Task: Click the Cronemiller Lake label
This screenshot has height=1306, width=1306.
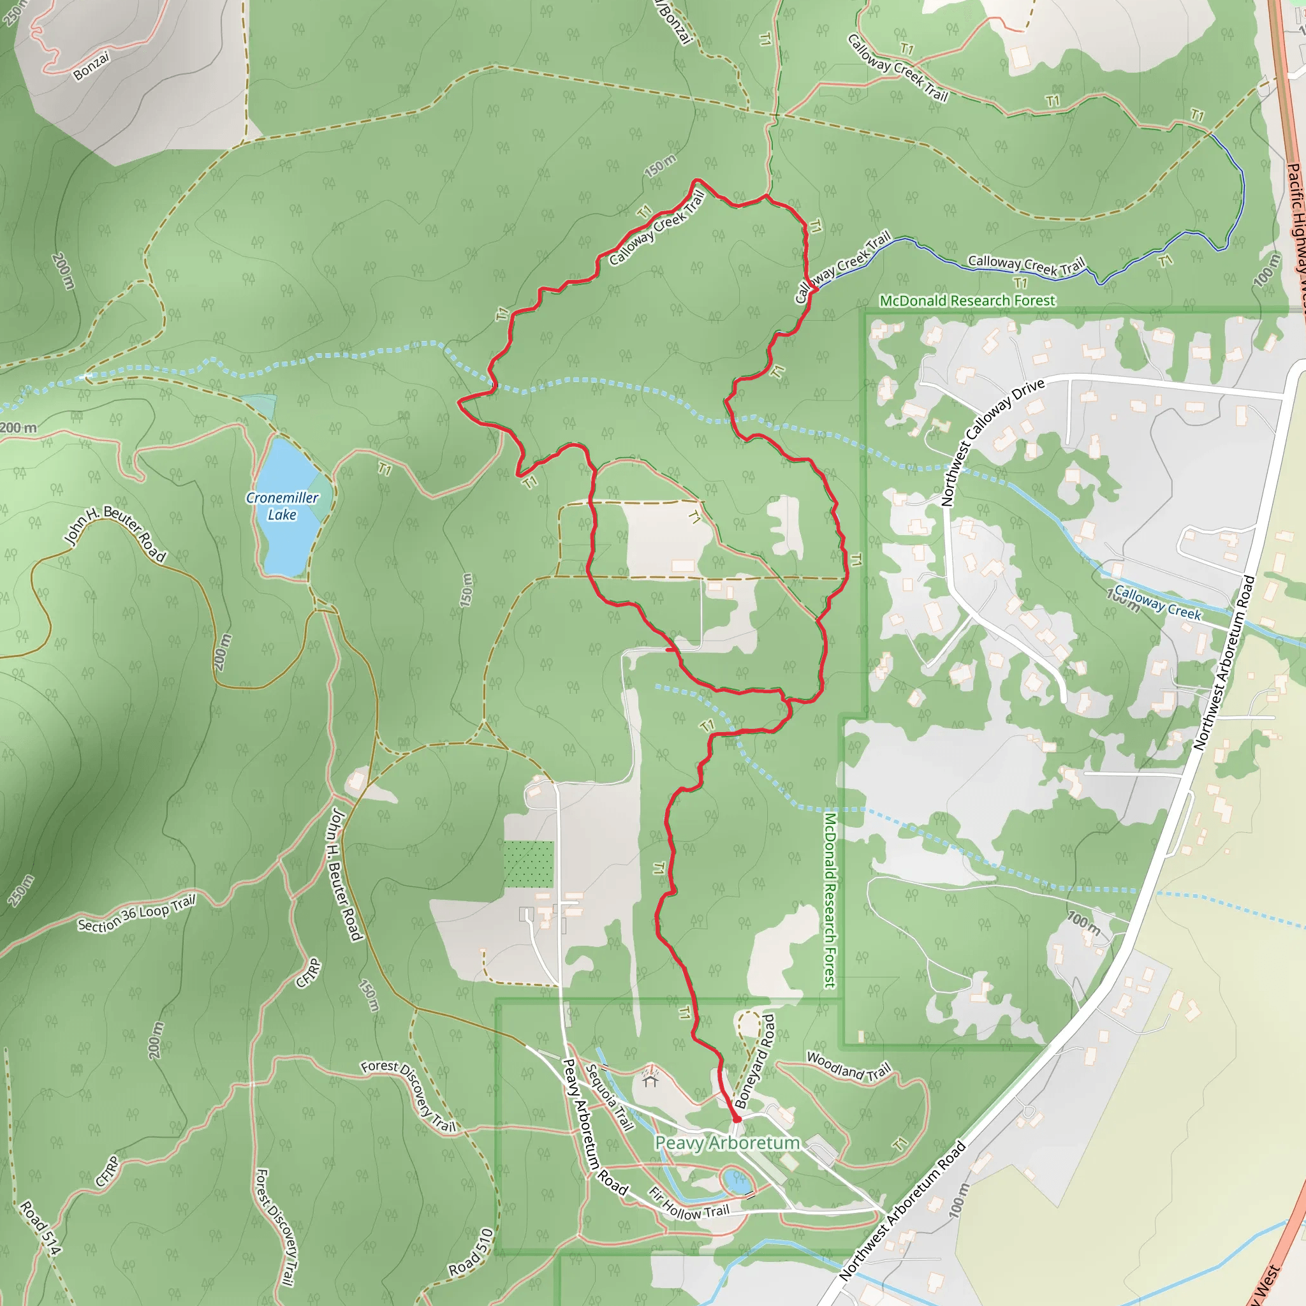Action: tap(282, 506)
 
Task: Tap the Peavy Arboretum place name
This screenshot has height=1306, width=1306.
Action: tap(728, 1142)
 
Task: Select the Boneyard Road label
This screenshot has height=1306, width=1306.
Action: tap(755, 1061)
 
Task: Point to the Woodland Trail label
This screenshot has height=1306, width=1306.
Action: tap(849, 1066)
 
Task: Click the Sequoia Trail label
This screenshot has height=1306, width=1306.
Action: tap(609, 1097)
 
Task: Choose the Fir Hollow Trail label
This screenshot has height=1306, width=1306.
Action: tap(689, 1205)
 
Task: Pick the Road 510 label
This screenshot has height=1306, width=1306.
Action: tap(471, 1252)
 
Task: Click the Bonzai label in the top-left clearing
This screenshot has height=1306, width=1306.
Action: tap(91, 66)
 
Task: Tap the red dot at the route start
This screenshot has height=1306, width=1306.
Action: tap(737, 1119)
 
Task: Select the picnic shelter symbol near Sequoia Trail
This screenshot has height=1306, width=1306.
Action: tap(650, 1080)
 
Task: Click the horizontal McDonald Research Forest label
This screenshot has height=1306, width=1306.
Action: tap(967, 300)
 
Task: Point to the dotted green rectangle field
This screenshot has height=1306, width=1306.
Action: tap(528, 864)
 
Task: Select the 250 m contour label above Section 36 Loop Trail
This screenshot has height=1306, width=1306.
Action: tap(20, 890)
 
